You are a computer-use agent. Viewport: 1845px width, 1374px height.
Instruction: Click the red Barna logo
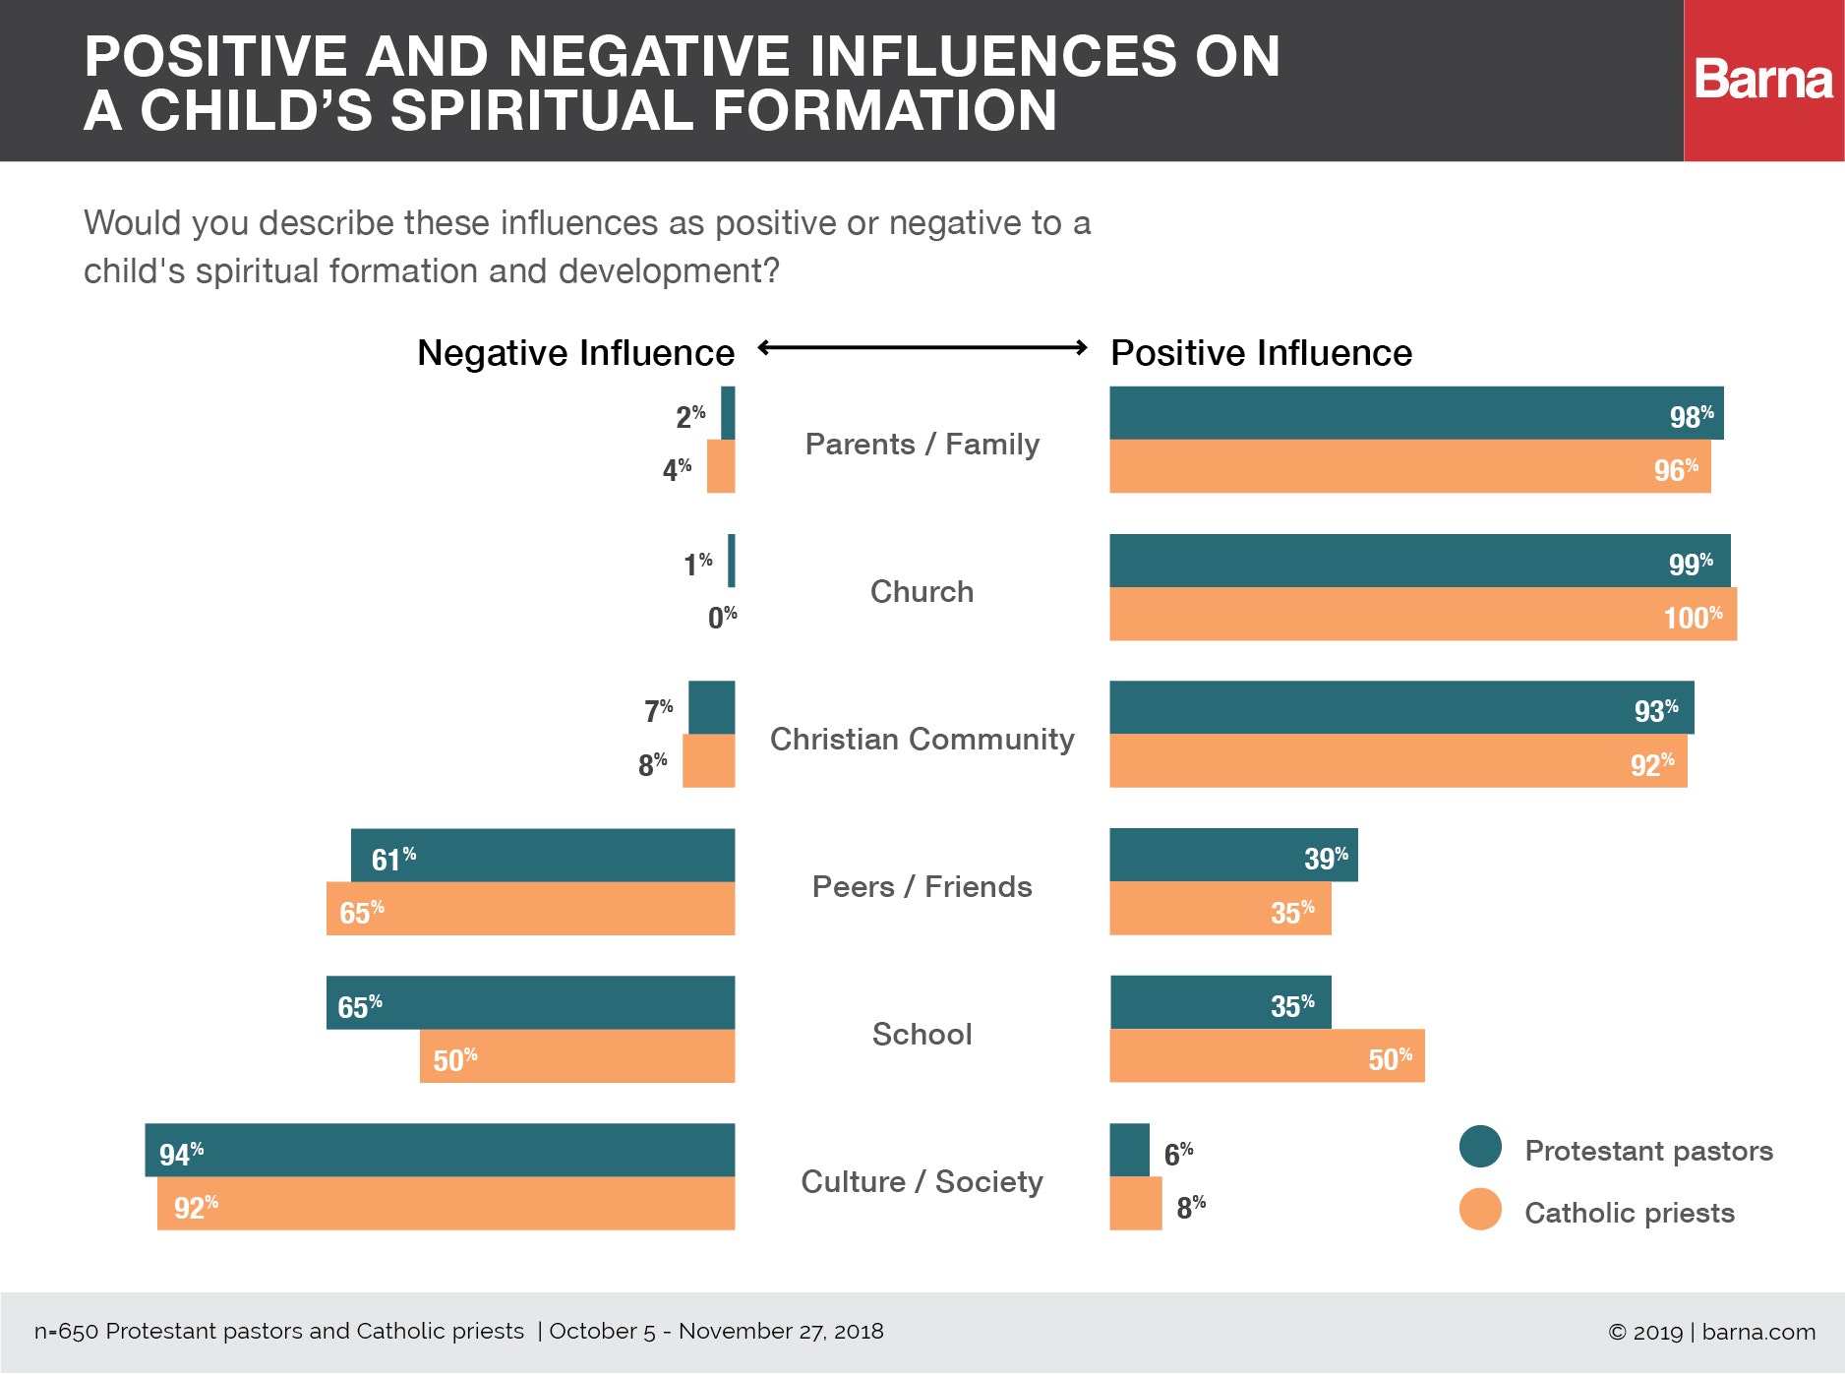coord(1763,80)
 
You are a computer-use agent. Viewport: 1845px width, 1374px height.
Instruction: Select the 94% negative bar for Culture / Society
coord(440,1150)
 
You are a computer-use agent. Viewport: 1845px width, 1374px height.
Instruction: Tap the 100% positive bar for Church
coord(1422,615)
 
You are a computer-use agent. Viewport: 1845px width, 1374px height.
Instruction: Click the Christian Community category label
coord(922,739)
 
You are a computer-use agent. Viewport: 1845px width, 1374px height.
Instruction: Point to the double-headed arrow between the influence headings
coord(922,347)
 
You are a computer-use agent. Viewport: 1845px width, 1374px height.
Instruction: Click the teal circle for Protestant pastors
coord(1480,1147)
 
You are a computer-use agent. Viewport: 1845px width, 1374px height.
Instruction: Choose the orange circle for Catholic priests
coord(1480,1210)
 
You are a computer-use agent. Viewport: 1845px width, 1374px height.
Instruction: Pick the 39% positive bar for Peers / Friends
coord(1233,856)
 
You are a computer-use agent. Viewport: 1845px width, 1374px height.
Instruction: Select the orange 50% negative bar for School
coord(577,1056)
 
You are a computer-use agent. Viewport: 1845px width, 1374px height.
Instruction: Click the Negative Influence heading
coord(575,353)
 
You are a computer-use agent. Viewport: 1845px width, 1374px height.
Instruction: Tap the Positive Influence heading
coord(1261,353)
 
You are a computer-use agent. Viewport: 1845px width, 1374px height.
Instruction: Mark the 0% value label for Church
coord(722,618)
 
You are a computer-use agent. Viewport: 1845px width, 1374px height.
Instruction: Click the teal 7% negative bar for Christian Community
coord(711,708)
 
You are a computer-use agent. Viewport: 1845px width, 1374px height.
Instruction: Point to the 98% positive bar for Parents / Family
coord(1416,413)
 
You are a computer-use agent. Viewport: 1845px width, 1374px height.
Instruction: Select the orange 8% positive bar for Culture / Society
coord(1135,1204)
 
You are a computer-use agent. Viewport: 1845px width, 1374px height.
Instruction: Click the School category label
coord(922,1034)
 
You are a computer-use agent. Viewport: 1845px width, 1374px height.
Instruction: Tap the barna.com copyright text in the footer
coord(1711,1332)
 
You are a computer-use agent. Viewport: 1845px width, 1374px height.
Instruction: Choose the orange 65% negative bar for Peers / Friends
coord(530,909)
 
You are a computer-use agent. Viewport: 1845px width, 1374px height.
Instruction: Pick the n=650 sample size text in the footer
coord(279,1331)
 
